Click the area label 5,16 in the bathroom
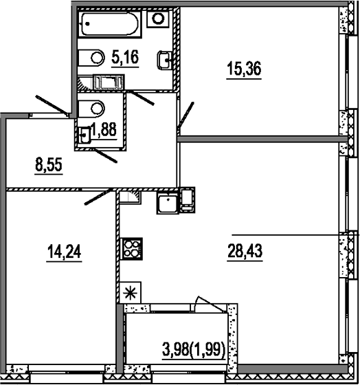coord(125,57)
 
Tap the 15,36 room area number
coord(244,69)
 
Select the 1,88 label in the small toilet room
coord(104,129)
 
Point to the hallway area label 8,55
coord(49,165)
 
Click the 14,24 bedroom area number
coord(64,252)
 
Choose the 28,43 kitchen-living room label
coord(245,251)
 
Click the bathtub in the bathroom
coord(110,24)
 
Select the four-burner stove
coord(133,249)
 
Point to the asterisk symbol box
coord(130,292)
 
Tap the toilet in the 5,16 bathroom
coord(91,58)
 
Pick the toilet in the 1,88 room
coord(91,109)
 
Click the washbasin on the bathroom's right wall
coord(164,60)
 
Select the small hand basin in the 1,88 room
coord(85,135)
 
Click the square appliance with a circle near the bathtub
coord(158,19)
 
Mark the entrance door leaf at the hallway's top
coord(52,105)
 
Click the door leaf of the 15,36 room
coord(185,115)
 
